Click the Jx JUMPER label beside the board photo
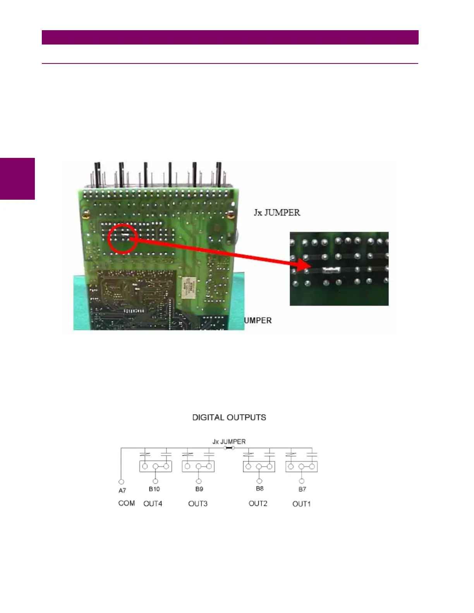click(277, 212)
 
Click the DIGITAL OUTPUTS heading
click(229, 418)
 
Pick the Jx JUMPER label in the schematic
click(229, 442)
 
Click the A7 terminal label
click(122, 490)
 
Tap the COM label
click(127, 503)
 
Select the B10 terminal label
click(154, 489)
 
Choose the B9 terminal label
click(199, 489)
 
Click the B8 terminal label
click(259, 489)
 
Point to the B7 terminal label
click(302, 489)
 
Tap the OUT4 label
click(153, 503)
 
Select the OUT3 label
click(198, 503)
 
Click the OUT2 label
click(258, 503)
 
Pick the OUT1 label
click(301, 504)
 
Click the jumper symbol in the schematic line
click(229, 448)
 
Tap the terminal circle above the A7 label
click(121, 482)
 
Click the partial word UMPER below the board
click(258, 320)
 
